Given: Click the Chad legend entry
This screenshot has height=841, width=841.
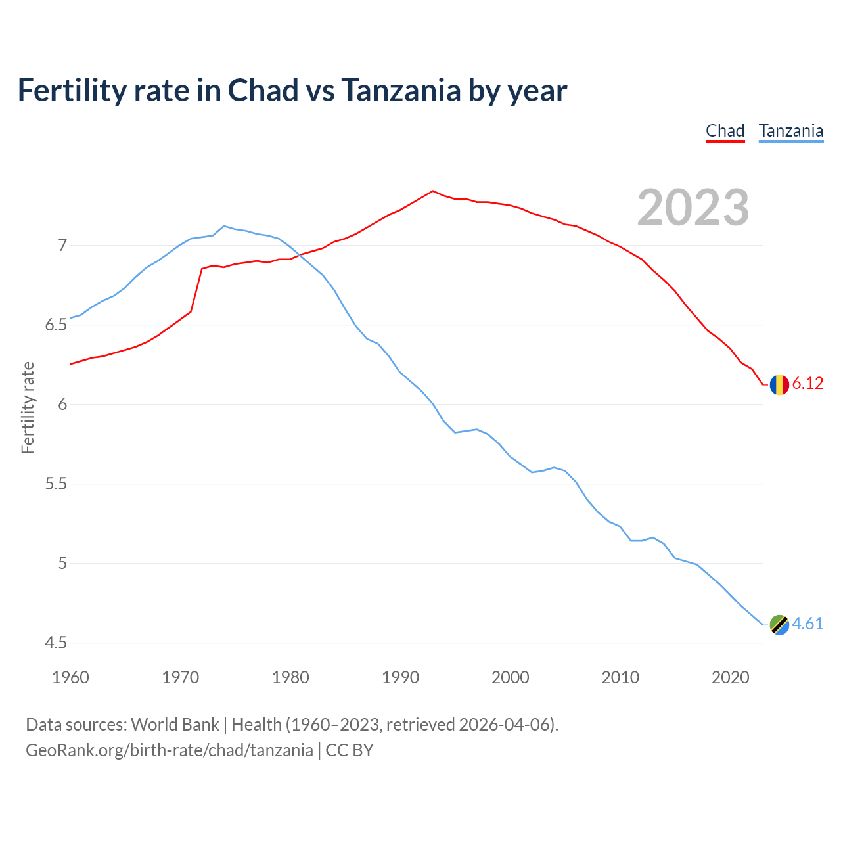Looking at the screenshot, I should (725, 131).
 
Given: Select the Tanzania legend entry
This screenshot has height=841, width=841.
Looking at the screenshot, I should (790, 131).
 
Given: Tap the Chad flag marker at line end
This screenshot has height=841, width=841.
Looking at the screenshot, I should (779, 384).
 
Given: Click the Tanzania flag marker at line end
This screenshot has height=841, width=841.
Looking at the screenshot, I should (779, 625).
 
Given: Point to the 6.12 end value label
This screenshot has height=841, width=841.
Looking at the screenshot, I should (807, 384).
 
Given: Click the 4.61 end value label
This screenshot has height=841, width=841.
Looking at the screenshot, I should (807, 624).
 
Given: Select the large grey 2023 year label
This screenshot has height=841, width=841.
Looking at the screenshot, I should (693, 208).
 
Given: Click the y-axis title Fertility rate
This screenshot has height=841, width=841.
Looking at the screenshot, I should (28, 407).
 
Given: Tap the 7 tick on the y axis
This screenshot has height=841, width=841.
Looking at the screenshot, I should (62, 246).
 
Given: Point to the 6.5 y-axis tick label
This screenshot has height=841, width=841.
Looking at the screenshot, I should (56, 325).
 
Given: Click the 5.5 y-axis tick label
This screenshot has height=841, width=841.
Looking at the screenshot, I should (56, 484).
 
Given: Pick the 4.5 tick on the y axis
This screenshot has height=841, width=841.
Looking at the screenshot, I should (56, 643).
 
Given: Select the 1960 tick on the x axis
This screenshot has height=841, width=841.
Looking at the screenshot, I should (70, 677).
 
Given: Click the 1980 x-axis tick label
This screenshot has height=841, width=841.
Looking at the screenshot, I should (290, 677).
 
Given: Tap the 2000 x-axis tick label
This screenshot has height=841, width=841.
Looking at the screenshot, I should (510, 677).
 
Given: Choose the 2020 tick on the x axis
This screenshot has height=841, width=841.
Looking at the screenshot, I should (730, 677).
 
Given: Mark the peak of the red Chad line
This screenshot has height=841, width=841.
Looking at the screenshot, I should (432, 191).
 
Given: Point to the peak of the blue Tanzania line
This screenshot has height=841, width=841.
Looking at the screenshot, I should (224, 226).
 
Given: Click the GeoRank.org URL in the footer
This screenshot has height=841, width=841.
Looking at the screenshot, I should (170, 750).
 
